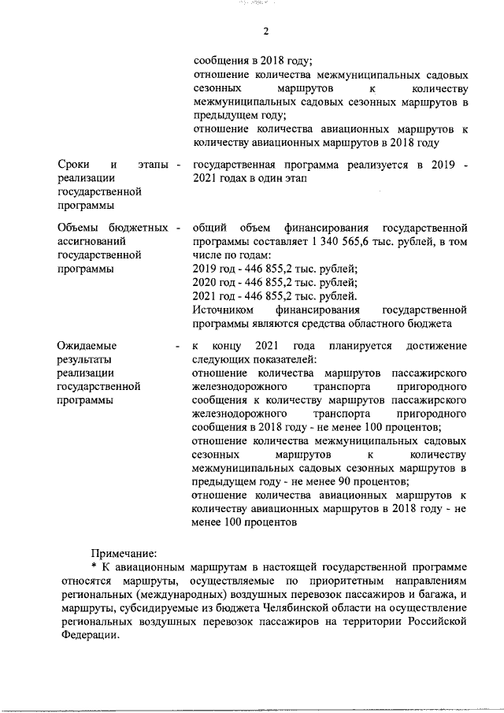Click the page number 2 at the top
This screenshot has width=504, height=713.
tap(265, 31)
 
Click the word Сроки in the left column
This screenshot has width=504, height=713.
tap(74, 164)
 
